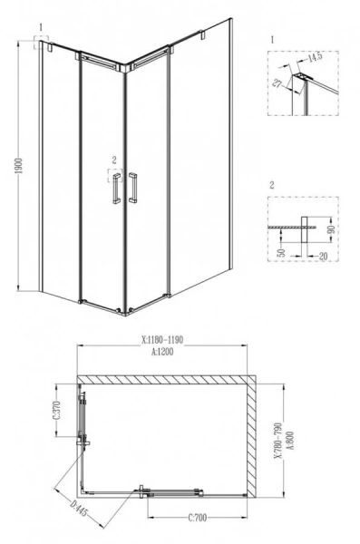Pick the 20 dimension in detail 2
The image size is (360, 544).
tap(322, 256)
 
